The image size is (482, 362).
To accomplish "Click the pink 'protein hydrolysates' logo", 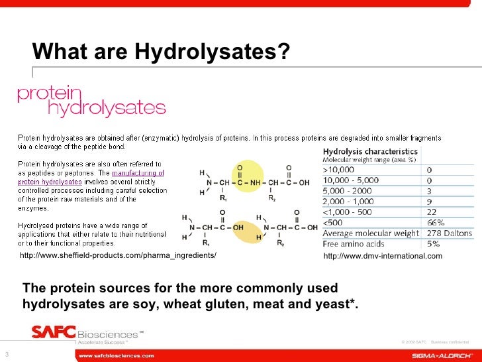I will click(x=91, y=100).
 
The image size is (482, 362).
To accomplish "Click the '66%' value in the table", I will click(x=435, y=223).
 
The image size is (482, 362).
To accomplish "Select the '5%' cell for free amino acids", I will click(x=434, y=243).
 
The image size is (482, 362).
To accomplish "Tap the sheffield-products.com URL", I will click(x=118, y=256).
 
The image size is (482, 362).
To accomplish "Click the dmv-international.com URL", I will click(x=382, y=257).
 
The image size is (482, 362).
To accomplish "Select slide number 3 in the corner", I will click(x=6, y=352).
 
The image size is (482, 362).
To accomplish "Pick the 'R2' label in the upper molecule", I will click(x=272, y=198).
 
